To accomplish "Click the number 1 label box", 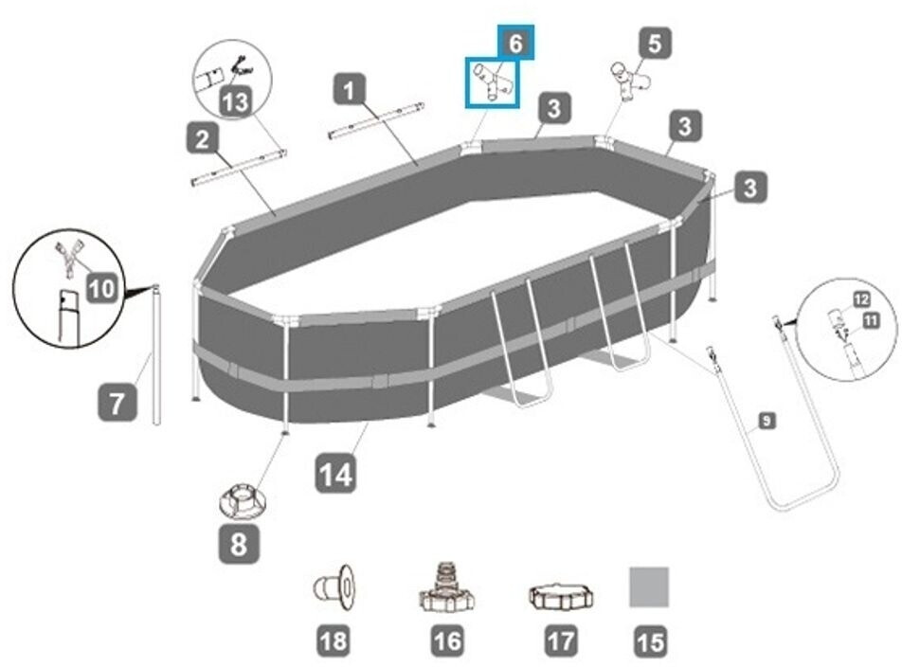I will coord(351,91).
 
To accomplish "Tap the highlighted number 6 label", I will coord(515,43).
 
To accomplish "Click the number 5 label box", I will coord(654,43).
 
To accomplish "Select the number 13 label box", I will coord(235,101).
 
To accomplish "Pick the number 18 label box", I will coord(334,641).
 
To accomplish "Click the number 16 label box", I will coord(447,641).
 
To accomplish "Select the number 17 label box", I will coord(561,641).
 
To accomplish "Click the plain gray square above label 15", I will coord(649,586).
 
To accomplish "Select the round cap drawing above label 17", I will coord(561,596).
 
